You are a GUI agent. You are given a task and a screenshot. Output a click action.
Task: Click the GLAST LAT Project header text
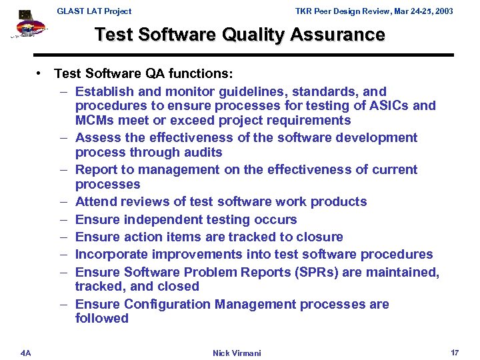(x=94, y=11)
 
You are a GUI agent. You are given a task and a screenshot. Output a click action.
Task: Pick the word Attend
(x=95, y=201)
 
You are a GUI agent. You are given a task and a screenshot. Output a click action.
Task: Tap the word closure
(x=322, y=237)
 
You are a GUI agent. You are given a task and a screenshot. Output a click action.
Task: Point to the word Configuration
(x=167, y=304)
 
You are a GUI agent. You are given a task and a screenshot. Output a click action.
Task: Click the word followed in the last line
(x=102, y=318)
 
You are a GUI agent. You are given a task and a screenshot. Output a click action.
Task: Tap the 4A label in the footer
(x=25, y=352)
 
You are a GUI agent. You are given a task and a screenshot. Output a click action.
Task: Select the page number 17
(x=455, y=352)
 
